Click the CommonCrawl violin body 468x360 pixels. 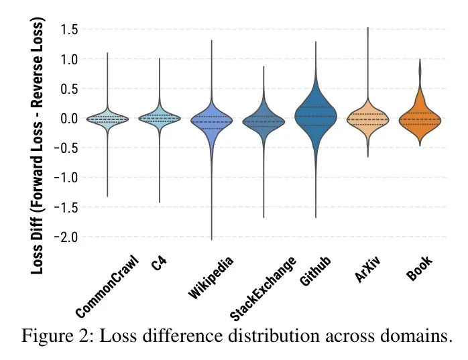107,119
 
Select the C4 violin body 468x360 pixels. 160,118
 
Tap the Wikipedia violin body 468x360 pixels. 212,121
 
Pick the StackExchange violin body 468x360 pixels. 264,121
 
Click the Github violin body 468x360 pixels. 316,115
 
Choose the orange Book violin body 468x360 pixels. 420,119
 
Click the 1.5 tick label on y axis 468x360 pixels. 69,29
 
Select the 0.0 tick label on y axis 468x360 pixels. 69,119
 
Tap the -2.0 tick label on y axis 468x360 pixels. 67,237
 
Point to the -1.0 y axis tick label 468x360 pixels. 67,178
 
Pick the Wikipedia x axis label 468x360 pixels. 211,277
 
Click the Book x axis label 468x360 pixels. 420,268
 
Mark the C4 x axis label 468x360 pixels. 159,263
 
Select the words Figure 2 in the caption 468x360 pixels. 56,335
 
